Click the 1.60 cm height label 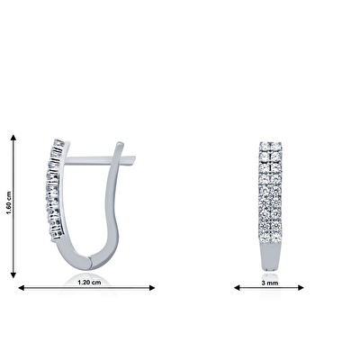(x=8, y=202)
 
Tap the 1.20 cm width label (x=89, y=283)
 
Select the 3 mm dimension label (x=270, y=283)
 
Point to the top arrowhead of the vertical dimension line (x=13, y=138)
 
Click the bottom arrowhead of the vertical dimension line (x=13, y=274)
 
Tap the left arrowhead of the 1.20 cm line (x=22, y=288)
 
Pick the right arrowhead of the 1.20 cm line (x=152, y=288)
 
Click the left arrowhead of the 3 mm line (x=238, y=288)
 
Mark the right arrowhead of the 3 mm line (x=301, y=288)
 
